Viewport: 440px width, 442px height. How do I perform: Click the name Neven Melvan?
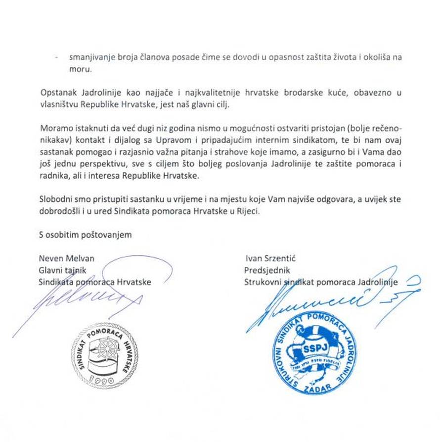tap(66, 258)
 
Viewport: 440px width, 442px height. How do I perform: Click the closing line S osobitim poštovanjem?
tap(85, 234)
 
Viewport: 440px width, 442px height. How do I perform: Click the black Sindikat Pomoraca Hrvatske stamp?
tap(104, 354)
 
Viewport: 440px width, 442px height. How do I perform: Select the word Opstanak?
tap(55, 93)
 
